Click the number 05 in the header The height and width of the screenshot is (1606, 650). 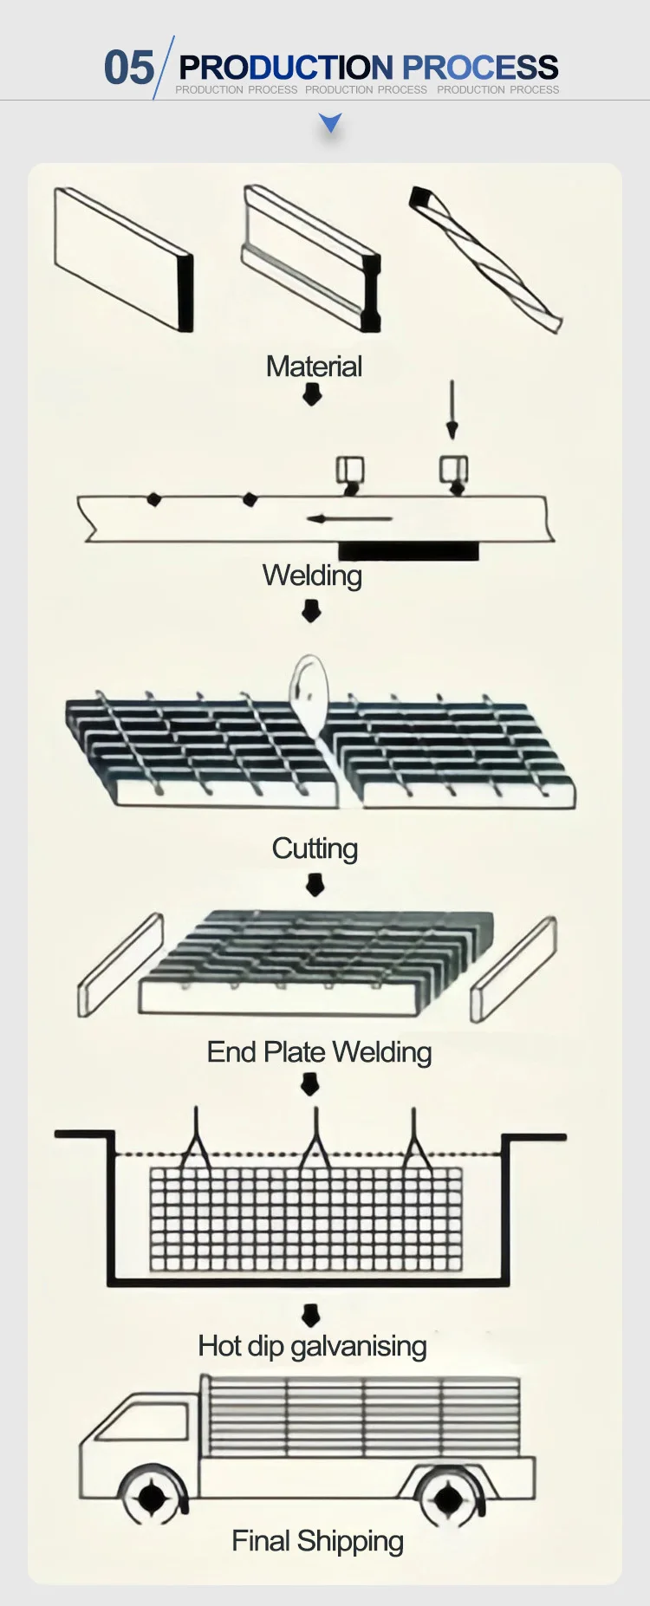(128, 68)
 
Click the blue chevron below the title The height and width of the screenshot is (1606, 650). (330, 123)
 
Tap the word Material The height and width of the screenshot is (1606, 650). (314, 367)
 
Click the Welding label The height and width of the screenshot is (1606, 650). (312, 575)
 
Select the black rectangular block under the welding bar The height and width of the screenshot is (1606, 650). (408, 550)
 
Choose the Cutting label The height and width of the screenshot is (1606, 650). (315, 849)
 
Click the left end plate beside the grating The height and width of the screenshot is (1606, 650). (120, 965)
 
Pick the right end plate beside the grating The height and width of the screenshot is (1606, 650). (513, 969)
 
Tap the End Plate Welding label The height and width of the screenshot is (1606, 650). (319, 1052)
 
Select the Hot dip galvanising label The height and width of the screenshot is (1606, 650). (312, 1346)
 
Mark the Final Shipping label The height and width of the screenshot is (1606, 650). (317, 1541)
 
